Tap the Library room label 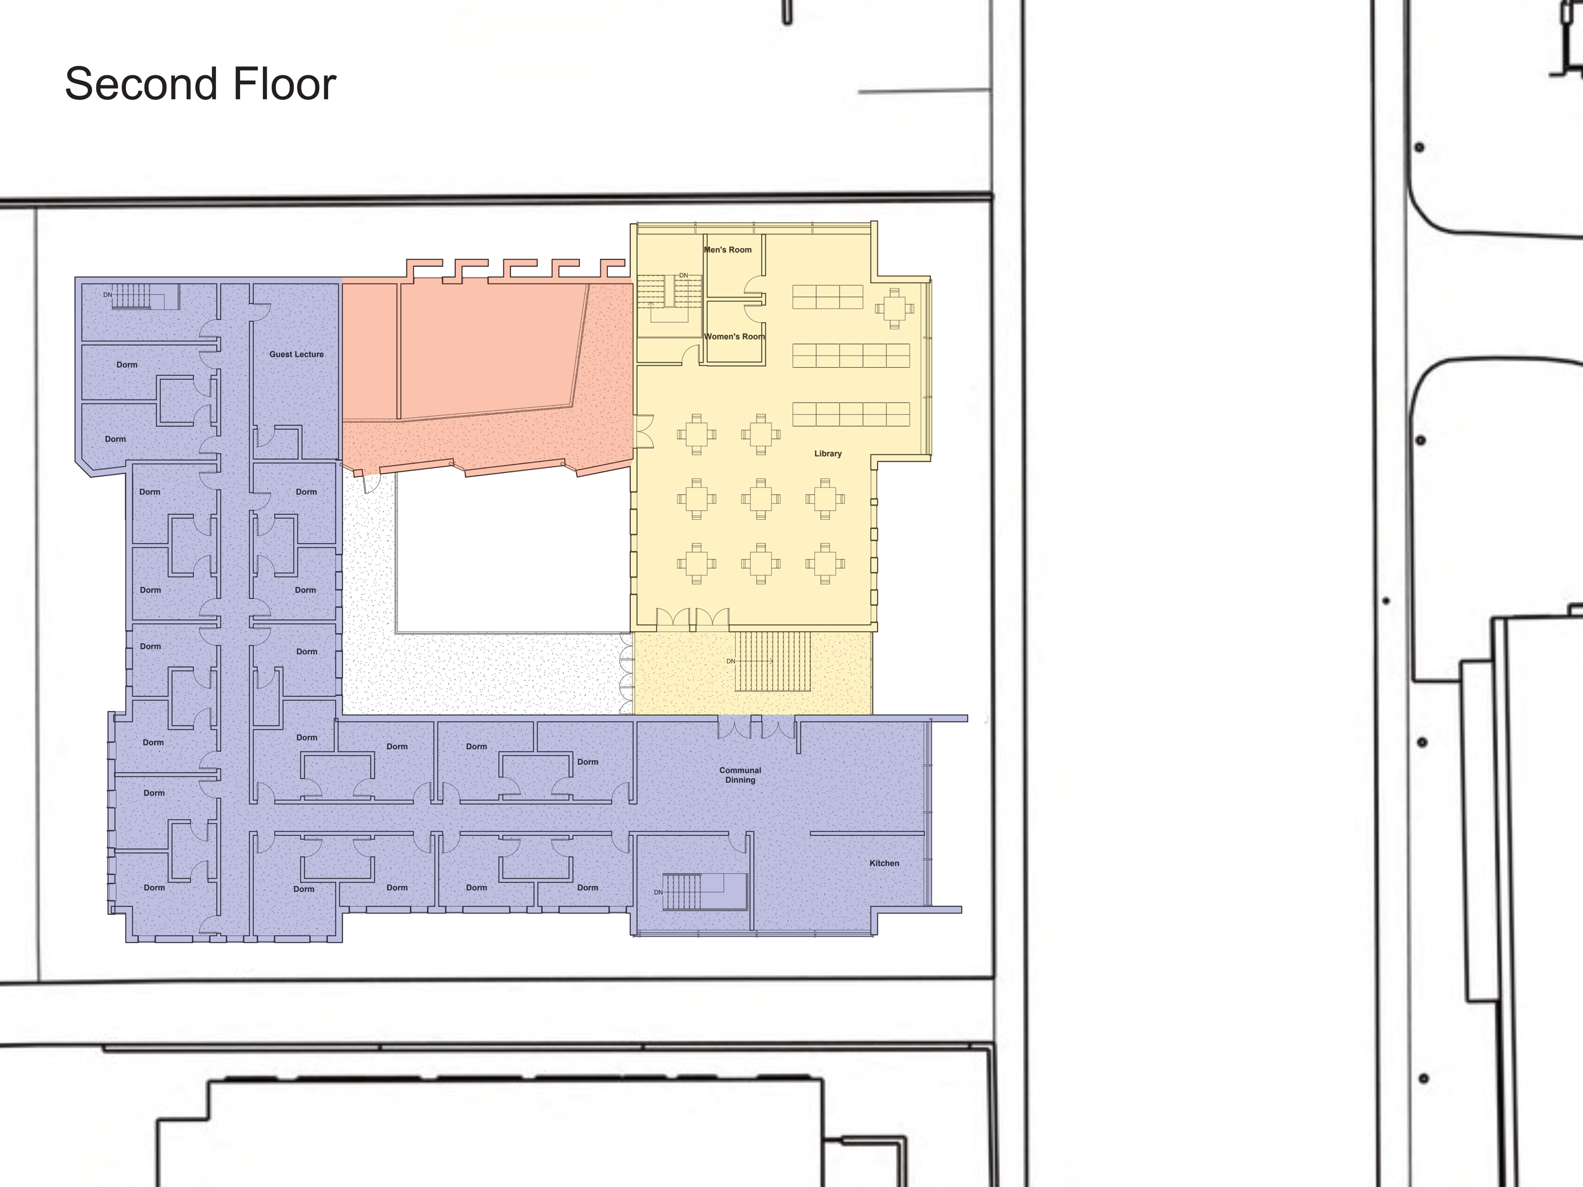click(x=828, y=454)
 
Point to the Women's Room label click(x=735, y=336)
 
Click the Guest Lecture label click(x=296, y=354)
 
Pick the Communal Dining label click(x=740, y=775)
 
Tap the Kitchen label click(x=884, y=863)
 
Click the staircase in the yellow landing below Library click(x=773, y=661)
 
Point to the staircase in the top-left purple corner click(x=132, y=296)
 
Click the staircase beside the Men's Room click(x=669, y=293)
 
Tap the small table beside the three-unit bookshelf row click(x=894, y=309)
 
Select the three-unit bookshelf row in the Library click(x=828, y=297)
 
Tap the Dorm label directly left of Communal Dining click(x=588, y=762)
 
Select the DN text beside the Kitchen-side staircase click(x=659, y=892)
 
